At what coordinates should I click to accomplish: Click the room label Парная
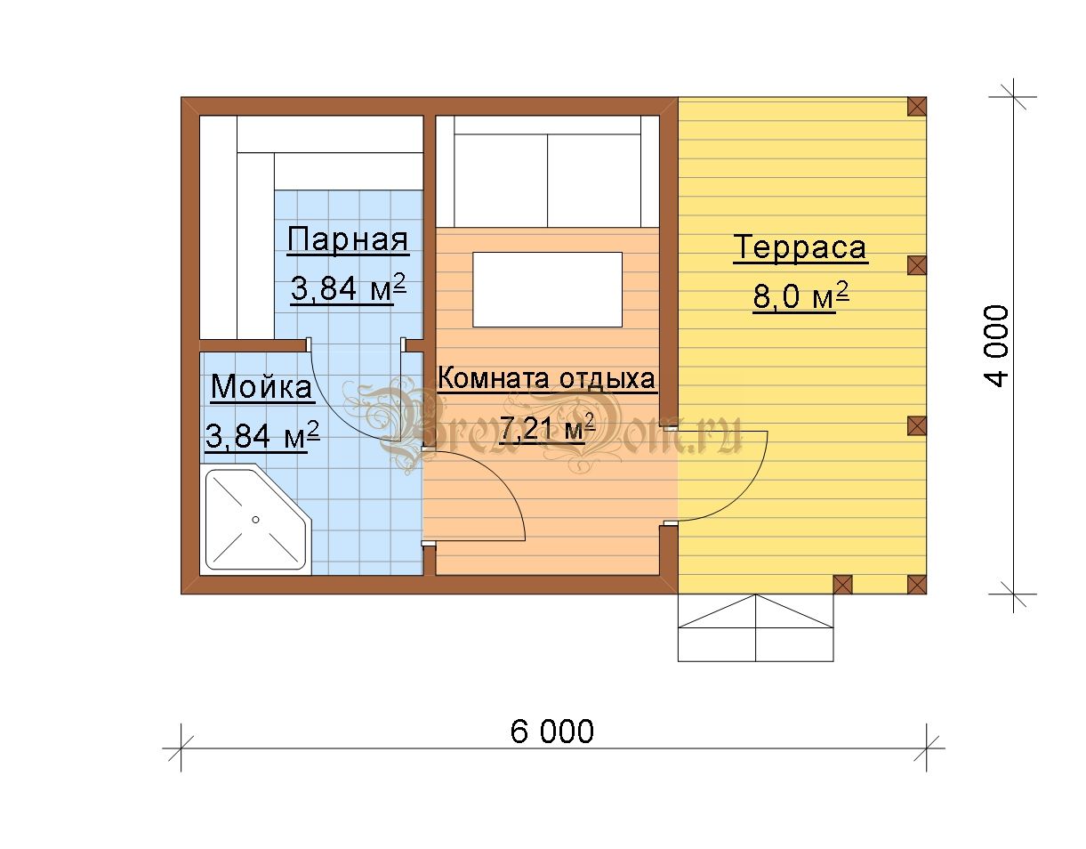[x=348, y=239]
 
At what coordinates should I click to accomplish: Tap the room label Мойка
[x=261, y=386]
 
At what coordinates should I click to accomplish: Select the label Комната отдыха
[x=546, y=378]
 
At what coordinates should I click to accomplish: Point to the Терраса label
[x=800, y=247]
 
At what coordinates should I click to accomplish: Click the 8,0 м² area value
[x=800, y=296]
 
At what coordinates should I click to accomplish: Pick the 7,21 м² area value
[x=548, y=427]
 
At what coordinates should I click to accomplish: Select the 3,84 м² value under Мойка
[x=262, y=435]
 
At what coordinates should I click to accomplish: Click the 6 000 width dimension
[x=552, y=732]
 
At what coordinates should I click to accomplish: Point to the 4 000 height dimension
[x=996, y=346]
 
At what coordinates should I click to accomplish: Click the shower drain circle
[x=255, y=520]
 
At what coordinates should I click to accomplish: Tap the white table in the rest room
[x=547, y=289]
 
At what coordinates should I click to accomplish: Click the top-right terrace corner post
[x=917, y=106]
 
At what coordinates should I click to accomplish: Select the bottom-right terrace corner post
[x=917, y=584]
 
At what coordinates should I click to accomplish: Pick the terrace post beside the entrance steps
[x=842, y=584]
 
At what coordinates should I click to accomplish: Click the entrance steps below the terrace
[x=756, y=627]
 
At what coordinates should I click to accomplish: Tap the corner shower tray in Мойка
[x=255, y=520]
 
